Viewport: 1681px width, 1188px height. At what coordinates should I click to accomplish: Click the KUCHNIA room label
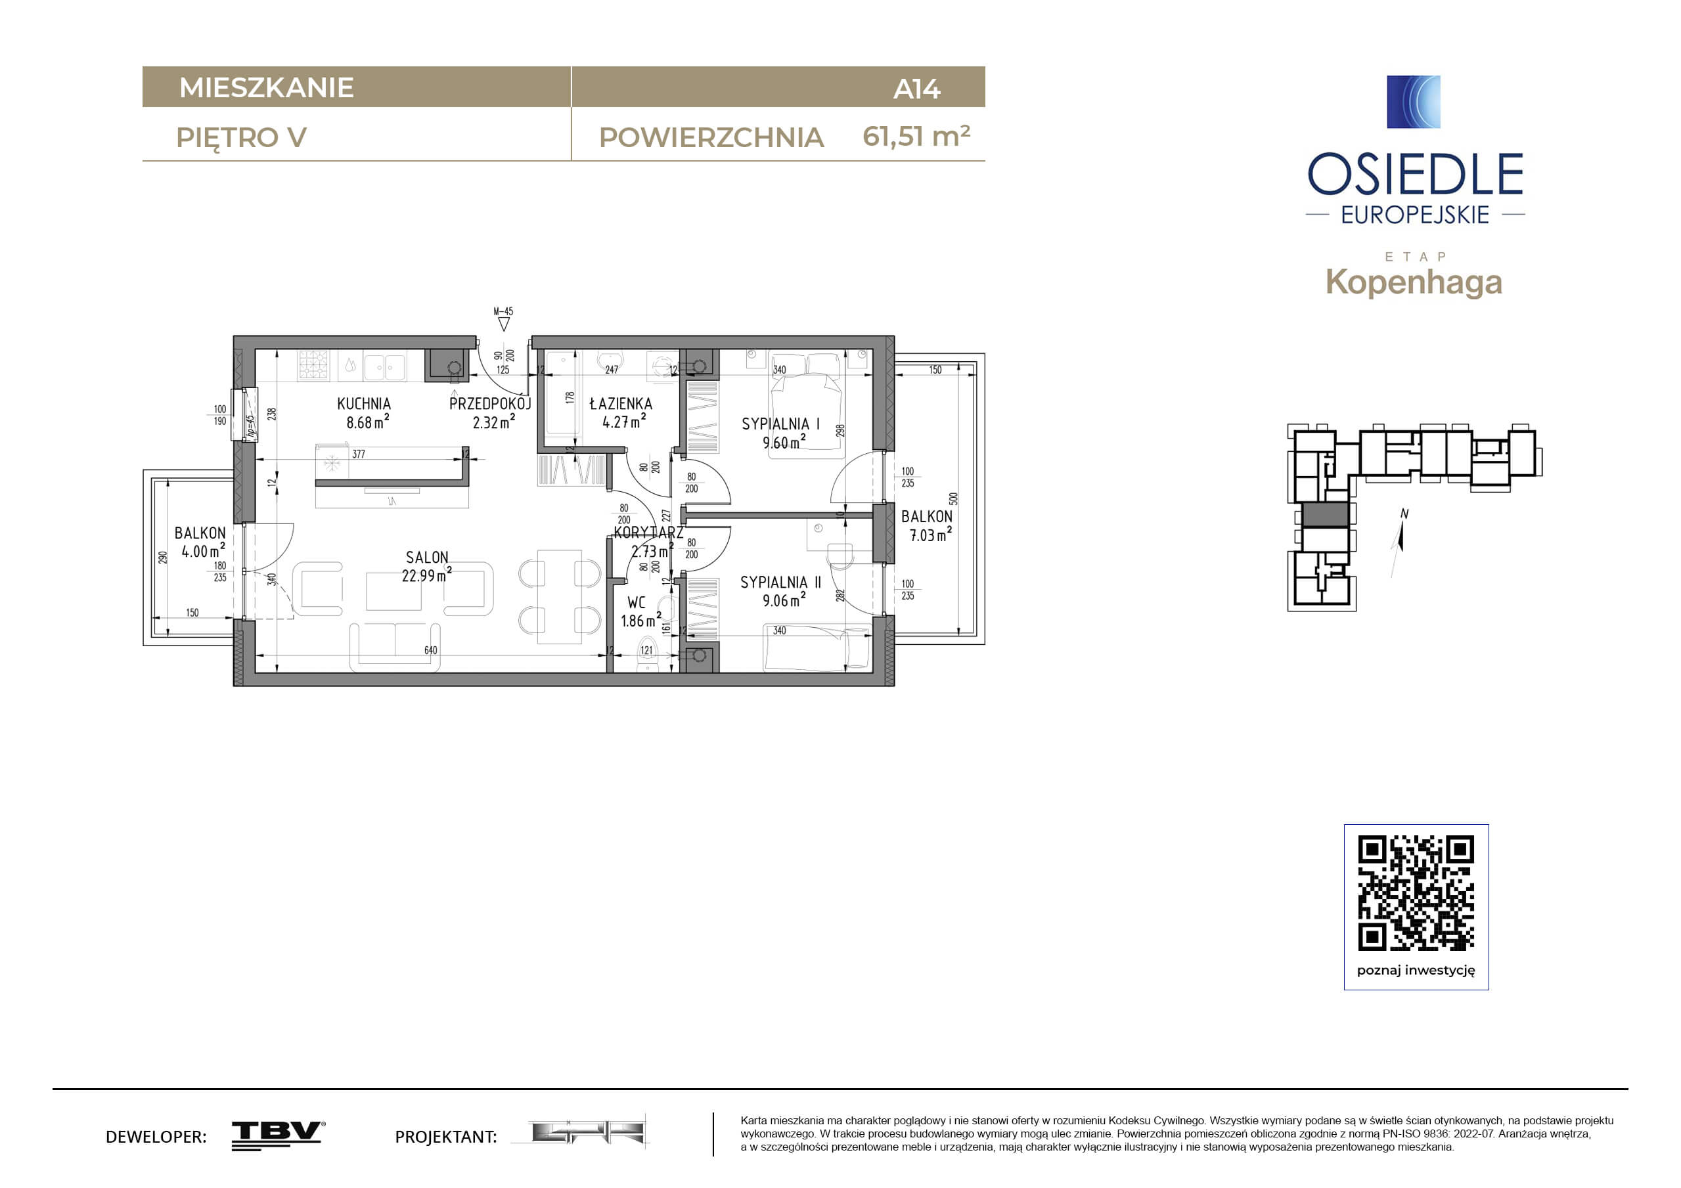click(x=364, y=403)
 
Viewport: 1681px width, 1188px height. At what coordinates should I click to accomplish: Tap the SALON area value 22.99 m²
click(x=427, y=575)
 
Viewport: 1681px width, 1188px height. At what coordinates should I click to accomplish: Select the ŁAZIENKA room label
click(x=621, y=403)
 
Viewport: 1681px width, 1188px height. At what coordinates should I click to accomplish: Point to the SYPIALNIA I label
click(x=780, y=424)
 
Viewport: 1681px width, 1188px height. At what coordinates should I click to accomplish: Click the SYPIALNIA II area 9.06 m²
click(x=784, y=600)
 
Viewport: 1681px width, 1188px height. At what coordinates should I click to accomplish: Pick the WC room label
click(x=637, y=602)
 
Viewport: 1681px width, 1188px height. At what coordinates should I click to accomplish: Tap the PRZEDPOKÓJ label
click(x=490, y=403)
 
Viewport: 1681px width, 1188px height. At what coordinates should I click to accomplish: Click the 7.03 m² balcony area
click(x=931, y=535)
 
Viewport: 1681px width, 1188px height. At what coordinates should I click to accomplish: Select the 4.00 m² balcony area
click(x=203, y=550)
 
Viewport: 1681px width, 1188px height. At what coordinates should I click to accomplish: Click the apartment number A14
click(x=916, y=89)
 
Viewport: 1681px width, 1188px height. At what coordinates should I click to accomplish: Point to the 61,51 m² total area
click(x=916, y=136)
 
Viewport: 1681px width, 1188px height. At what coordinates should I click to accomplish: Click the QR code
click(x=1416, y=893)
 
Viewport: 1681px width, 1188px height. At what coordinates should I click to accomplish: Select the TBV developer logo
click(x=279, y=1135)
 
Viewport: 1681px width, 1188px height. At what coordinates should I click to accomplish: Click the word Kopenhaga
click(x=1414, y=282)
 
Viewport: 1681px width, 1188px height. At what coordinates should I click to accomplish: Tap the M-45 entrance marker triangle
click(x=503, y=324)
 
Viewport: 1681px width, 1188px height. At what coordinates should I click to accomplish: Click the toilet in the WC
click(x=646, y=662)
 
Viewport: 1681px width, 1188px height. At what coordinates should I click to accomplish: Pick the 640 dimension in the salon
click(x=430, y=650)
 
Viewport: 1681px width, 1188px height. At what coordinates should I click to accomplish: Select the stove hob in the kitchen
click(x=313, y=364)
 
